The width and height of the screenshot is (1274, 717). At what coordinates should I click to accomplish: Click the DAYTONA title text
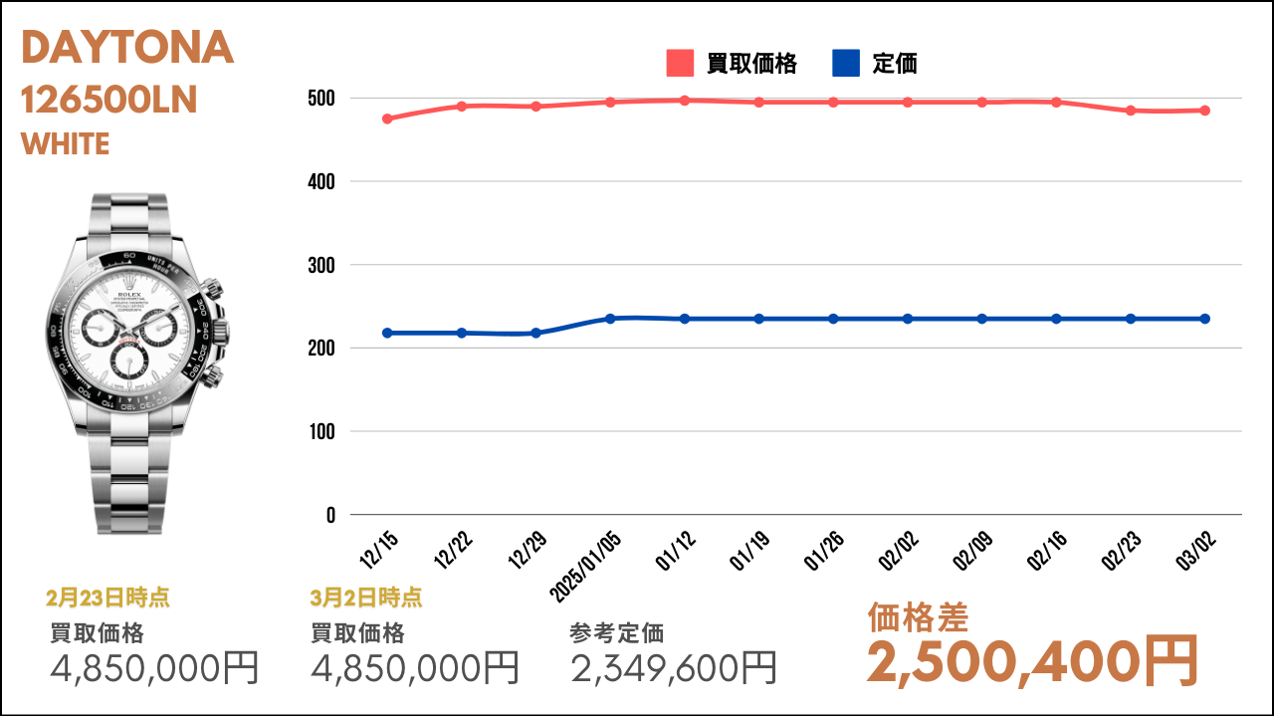127,48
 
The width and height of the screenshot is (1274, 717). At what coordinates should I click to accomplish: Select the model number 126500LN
109,100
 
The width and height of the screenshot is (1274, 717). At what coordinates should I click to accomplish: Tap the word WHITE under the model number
65,144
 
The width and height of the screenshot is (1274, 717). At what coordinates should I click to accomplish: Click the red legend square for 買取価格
679,64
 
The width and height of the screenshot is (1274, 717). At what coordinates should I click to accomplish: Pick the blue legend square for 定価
844,64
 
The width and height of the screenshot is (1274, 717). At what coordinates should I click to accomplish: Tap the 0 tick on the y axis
329,516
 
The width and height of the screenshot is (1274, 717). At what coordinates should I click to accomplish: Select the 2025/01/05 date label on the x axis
587,562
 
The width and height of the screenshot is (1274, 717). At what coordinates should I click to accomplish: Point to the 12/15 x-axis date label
379,550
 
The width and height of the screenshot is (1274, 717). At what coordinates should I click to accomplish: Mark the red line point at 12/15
387,119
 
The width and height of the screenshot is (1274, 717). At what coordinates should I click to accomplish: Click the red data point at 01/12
685,101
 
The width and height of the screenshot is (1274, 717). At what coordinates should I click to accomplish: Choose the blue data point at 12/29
536,333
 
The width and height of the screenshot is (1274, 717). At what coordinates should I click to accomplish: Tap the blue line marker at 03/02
1205,319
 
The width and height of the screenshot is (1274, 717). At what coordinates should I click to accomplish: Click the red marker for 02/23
1131,111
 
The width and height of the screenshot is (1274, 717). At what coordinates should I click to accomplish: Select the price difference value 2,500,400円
1032,661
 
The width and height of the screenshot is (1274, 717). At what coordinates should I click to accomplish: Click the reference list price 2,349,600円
674,667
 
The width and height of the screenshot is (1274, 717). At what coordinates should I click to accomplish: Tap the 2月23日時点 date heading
107,597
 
